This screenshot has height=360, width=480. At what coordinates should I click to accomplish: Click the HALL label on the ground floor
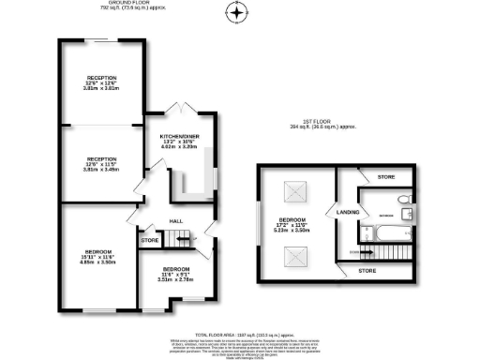pyautogui.click(x=174, y=221)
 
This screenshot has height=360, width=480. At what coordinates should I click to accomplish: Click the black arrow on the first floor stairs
pyautogui.click(x=356, y=251)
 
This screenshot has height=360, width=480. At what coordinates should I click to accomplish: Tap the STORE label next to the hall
pyautogui.click(x=150, y=240)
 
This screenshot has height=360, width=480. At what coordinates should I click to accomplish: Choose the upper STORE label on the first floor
pyautogui.click(x=386, y=176)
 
